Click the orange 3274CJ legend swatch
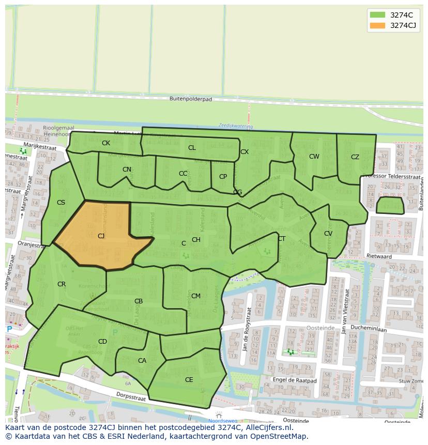[x=377, y=25]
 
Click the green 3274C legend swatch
[x=377, y=14]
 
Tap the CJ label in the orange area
[x=101, y=236]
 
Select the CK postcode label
[x=106, y=143]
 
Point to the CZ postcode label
[x=355, y=157]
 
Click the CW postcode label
[x=314, y=157]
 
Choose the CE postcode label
[x=189, y=380]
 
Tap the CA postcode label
[x=142, y=361]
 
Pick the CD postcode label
[x=102, y=342]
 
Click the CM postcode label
[x=196, y=296]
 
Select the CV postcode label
[x=328, y=234]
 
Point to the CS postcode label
[x=61, y=203]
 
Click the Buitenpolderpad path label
[x=191, y=99]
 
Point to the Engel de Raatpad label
[x=294, y=380]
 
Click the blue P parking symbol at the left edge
[x=9, y=329]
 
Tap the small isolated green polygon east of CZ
[x=390, y=205]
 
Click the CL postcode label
[x=192, y=148]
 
